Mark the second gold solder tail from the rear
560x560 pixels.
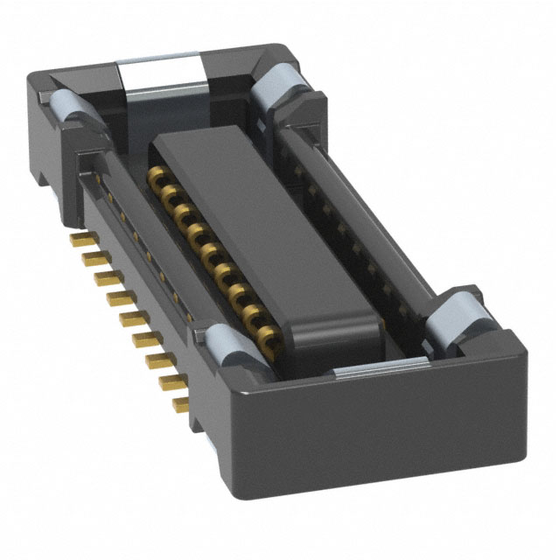tap(88, 258)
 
